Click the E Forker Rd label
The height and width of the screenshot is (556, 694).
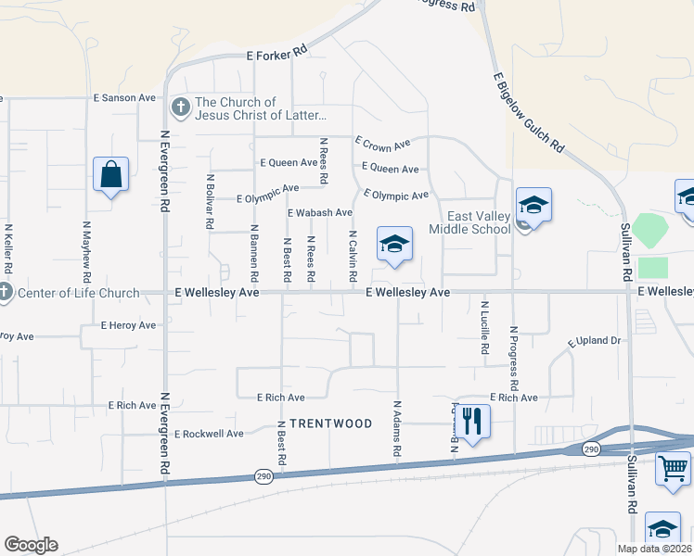click(276, 56)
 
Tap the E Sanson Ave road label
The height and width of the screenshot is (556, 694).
click(123, 97)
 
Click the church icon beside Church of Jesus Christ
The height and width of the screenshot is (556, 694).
click(180, 108)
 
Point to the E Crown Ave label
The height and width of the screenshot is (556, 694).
click(382, 143)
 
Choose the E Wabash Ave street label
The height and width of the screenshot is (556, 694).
click(320, 212)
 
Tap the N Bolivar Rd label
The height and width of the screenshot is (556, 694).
click(211, 201)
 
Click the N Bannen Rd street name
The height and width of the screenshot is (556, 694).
click(254, 252)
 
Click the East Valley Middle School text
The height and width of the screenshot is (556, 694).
click(469, 222)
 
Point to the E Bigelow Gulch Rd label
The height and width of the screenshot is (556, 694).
click(529, 113)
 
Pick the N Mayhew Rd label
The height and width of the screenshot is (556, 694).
click(87, 251)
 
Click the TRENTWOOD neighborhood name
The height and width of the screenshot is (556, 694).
click(330, 423)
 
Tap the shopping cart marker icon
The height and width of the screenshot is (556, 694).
click(673, 467)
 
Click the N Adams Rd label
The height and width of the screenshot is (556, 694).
click(396, 428)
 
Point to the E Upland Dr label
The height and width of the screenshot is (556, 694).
click(594, 341)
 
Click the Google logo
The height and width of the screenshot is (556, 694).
click(31, 545)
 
